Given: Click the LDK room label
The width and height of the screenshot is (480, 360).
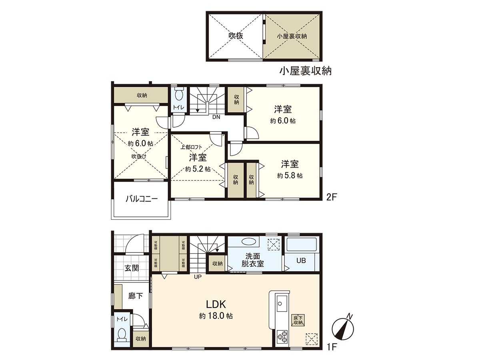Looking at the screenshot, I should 216,302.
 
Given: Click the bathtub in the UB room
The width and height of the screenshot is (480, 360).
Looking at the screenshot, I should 302,245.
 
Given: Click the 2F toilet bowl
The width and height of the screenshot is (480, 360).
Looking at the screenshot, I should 179,96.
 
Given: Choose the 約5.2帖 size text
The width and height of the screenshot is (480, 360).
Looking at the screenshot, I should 198,169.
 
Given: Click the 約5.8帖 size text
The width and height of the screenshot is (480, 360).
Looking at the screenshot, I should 290,175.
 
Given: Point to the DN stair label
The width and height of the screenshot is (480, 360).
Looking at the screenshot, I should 216,117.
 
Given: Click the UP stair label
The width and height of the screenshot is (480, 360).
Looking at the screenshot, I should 198,276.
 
